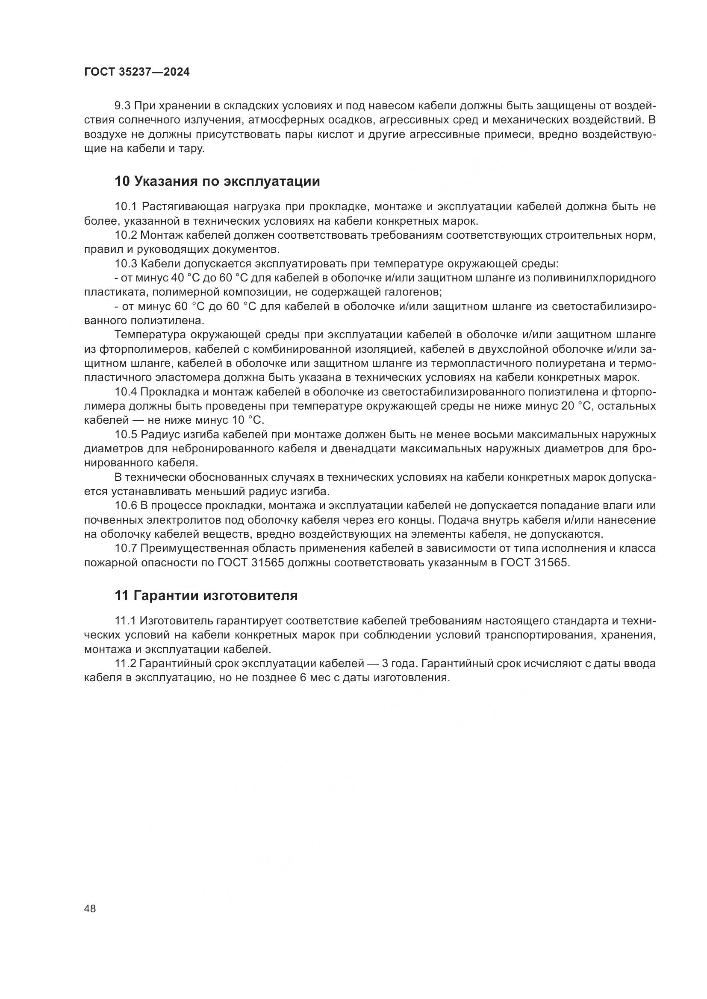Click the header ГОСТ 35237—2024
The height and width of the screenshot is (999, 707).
(137, 72)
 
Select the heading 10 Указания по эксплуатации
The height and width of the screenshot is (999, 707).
(217, 182)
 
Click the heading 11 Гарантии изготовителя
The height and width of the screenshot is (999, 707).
(206, 596)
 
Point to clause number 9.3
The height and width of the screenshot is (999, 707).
(122, 106)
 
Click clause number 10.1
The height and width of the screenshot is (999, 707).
(125, 206)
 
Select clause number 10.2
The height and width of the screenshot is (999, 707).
(125, 235)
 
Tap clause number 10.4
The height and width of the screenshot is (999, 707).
(125, 392)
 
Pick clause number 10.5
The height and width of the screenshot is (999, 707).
(125, 435)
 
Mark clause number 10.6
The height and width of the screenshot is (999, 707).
(125, 506)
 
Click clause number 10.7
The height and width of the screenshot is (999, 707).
(125, 548)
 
